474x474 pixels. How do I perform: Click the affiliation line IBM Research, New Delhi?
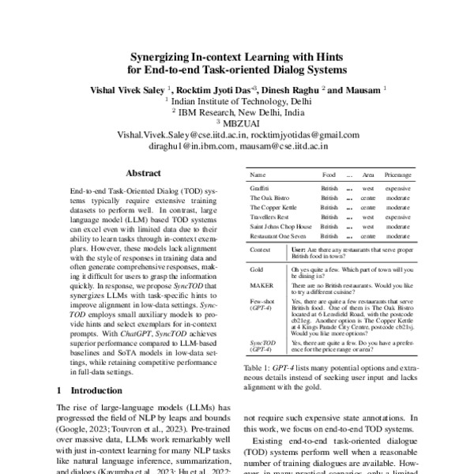(x=238, y=112)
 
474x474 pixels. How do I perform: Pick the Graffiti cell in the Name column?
(x=260, y=190)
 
